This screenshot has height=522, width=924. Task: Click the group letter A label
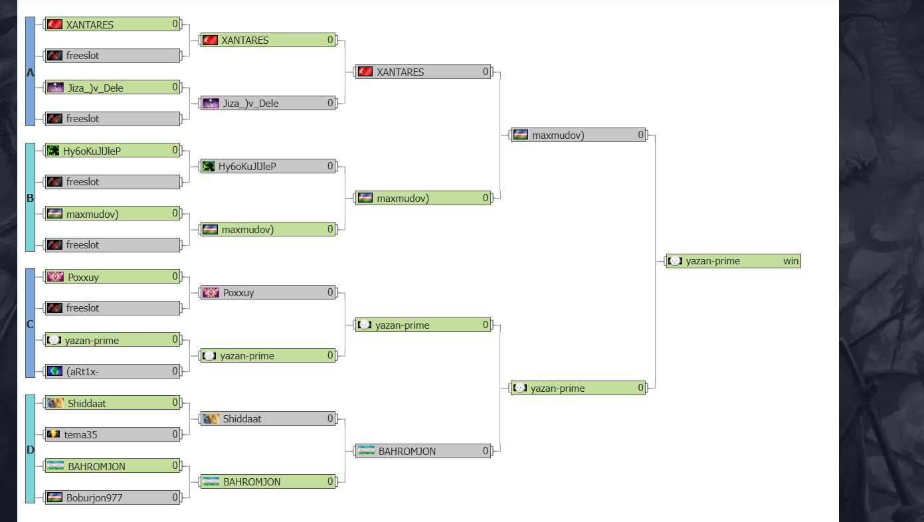(x=30, y=72)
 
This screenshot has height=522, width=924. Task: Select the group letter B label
(x=30, y=198)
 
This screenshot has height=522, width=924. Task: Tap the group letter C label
(x=30, y=324)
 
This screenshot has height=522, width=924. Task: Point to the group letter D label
(x=30, y=450)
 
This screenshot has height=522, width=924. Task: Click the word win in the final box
(x=790, y=261)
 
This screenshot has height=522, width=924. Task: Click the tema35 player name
(x=80, y=434)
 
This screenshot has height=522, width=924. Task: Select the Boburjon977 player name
(x=94, y=497)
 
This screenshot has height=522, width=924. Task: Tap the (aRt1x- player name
(x=82, y=371)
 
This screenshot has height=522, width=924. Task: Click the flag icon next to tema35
(x=54, y=434)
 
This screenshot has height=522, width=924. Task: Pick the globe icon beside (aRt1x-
(x=54, y=371)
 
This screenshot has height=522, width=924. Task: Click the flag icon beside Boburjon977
(x=54, y=497)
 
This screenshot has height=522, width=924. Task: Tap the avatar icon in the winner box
(x=675, y=260)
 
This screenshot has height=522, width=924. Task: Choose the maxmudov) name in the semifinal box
(x=558, y=135)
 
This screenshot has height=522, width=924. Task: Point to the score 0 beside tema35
(x=175, y=434)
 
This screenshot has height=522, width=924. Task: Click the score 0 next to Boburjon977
(x=175, y=497)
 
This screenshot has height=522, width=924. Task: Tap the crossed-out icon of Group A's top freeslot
(x=54, y=55)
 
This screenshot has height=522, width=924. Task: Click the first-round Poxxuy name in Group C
(x=83, y=277)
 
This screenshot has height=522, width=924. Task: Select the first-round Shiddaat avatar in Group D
(x=55, y=402)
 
